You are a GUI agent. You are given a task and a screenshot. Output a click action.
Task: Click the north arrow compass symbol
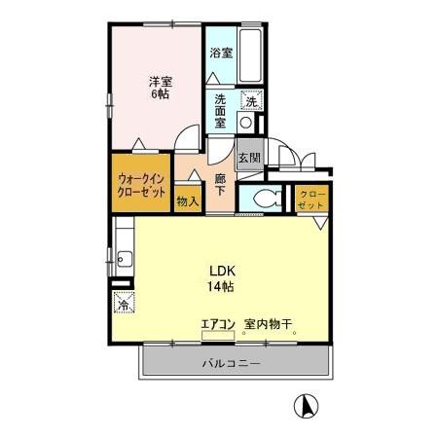pos(306,406)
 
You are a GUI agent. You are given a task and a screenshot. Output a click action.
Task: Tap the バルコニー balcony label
pos(231,363)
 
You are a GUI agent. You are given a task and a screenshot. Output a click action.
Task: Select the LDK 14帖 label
pos(222,278)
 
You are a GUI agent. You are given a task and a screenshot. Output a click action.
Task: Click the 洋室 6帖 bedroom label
pos(161,88)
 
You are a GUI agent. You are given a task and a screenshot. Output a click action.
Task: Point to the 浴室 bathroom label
pos(221,53)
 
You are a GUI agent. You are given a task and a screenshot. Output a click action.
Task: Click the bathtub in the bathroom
pos(251,56)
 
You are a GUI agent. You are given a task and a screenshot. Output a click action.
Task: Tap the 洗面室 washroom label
pos(220,111)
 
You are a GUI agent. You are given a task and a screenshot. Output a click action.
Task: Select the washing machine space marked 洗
pos(251,101)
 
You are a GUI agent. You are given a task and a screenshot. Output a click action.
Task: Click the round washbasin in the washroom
pos(245,123)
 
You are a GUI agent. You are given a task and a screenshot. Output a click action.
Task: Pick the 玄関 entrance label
pos(249,158)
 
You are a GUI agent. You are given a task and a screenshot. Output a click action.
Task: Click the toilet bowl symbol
pos(268,199)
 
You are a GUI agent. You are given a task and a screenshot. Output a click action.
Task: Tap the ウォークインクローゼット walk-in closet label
pos(141,185)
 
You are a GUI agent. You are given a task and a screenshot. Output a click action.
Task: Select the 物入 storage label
pos(188,201)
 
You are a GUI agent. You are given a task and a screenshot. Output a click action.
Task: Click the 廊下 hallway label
pos(220,184)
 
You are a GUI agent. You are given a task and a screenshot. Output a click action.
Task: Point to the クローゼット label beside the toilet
pos(311,200)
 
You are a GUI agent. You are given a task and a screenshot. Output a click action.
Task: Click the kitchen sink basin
pos(125,259)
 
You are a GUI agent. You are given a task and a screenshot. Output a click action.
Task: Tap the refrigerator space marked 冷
pos(124,302)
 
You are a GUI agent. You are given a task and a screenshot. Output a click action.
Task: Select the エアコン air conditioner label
pos(218,324)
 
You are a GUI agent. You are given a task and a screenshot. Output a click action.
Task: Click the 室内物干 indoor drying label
pos(269,324)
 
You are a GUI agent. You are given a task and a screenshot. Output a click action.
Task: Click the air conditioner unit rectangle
pos(218,336)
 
